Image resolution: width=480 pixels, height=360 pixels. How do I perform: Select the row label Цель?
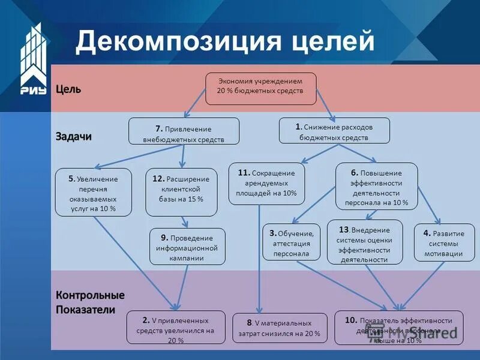click(x=68, y=89)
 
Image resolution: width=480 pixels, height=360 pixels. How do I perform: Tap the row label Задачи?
click(x=74, y=136)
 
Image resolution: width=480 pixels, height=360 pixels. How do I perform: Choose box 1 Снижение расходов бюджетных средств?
click(x=334, y=130)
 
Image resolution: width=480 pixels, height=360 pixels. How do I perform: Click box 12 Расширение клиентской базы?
click(x=181, y=192)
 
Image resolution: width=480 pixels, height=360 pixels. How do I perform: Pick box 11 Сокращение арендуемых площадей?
click(x=266, y=183)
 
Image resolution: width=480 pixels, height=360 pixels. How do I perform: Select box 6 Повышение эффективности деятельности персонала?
click(x=376, y=187)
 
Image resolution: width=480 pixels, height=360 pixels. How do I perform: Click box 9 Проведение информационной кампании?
click(x=187, y=246)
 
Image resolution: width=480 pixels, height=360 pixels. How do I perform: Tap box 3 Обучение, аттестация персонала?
click(x=291, y=241)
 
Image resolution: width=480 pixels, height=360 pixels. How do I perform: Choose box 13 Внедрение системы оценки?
click(x=364, y=242)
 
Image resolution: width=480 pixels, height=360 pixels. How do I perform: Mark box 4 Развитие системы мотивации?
click(x=443, y=242)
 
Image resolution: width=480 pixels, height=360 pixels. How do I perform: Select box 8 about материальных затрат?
click(x=280, y=328)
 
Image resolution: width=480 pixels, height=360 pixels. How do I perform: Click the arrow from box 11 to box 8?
click(x=259, y=258)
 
